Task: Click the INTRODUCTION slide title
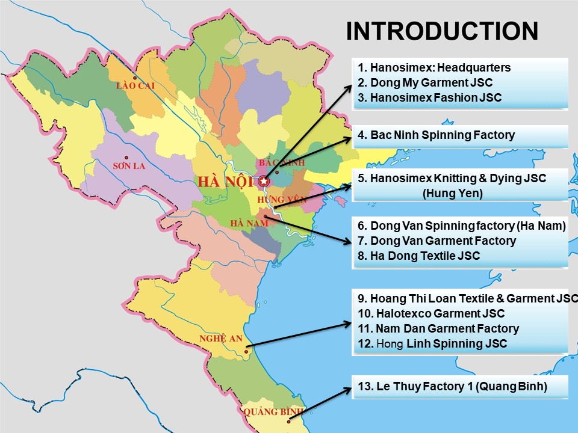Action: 442,31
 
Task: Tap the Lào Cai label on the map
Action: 135,86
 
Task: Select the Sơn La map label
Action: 129,166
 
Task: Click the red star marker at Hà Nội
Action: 263,180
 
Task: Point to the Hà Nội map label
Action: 226,181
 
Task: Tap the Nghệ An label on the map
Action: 220,339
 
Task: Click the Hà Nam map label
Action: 249,223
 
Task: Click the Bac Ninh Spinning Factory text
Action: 436,135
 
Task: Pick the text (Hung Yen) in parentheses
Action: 453,193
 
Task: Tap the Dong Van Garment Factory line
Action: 437,241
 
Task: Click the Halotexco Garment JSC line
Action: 430,313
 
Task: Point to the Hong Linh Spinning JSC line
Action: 432,343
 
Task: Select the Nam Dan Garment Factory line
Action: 438,328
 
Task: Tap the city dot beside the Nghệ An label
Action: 246,351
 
